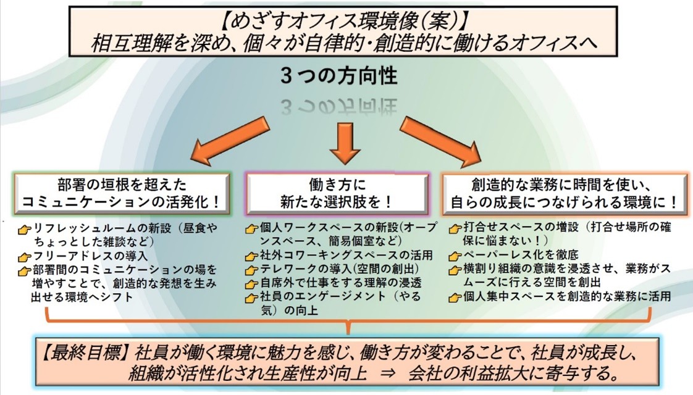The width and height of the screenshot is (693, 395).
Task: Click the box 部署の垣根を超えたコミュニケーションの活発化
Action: point(122,193)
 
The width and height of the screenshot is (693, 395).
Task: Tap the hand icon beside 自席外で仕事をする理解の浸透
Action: point(251,285)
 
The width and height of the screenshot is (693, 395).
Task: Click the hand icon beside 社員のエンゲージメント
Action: point(251,298)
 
